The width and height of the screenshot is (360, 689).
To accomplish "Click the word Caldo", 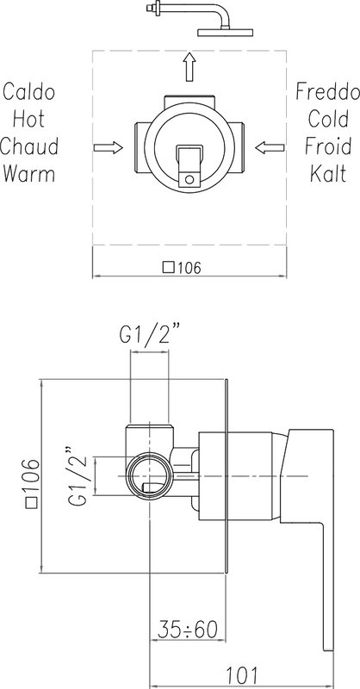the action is [x=29, y=92].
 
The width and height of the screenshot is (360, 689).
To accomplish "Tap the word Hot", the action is [x=29, y=119].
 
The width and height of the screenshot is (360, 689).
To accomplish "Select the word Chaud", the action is [x=29, y=146].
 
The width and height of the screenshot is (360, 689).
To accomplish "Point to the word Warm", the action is [x=29, y=174].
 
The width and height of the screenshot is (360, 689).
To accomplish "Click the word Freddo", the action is [x=327, y=92].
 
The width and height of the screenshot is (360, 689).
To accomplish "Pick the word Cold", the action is [x=328, y=119].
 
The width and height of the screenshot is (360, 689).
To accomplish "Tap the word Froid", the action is [x=328, y=146].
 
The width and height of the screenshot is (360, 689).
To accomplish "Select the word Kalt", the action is [x=328, y=174].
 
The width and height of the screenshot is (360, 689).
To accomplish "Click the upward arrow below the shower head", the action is [x=189, y=67].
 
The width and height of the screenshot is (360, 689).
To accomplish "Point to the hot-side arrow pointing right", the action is [x=109, y=147].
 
